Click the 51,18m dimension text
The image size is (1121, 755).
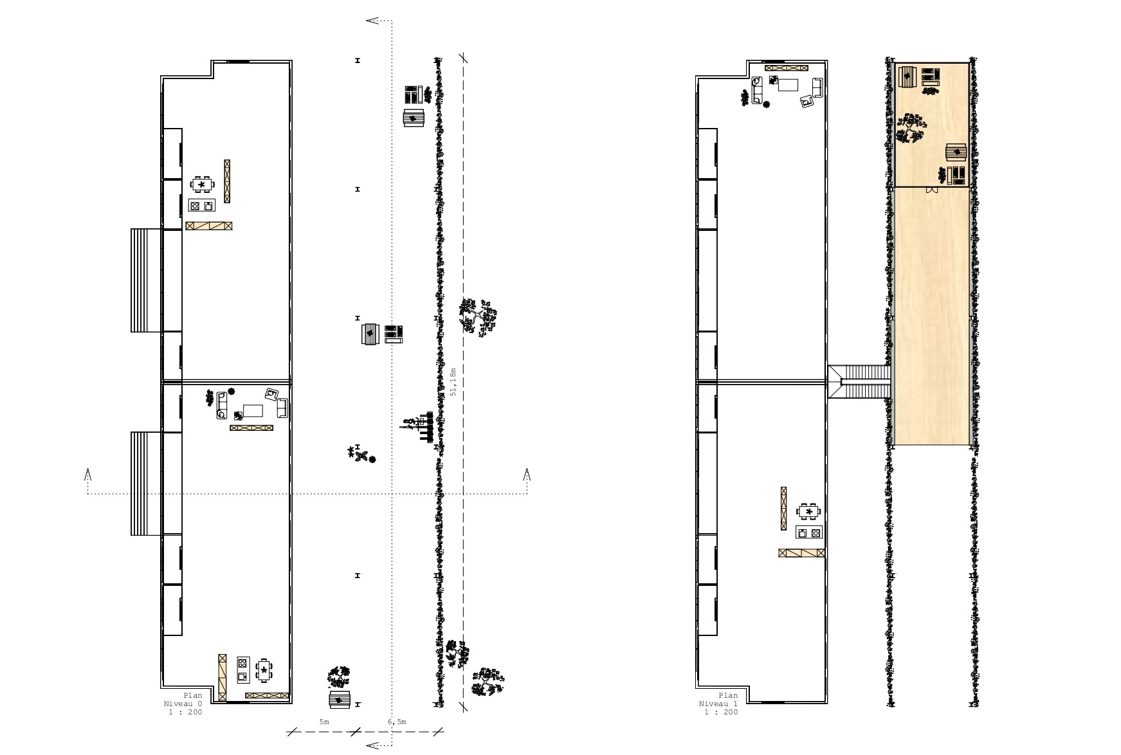[453, 381]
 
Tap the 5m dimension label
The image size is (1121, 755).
[324, 722]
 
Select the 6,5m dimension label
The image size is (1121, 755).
[397, 722]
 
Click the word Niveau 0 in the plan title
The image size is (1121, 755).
[183, 704]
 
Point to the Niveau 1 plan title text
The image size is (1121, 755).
[718, 704]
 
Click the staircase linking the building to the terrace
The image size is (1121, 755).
[859, 382]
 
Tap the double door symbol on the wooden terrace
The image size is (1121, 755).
[930, 190]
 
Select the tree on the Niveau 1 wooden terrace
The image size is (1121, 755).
[911, 129]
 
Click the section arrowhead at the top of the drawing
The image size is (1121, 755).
[372, 21]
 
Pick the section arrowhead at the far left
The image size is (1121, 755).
[87, 475]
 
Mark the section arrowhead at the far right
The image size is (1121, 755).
[527, 475]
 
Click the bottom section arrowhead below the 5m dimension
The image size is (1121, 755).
[372, 745]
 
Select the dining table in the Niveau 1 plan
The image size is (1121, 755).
[808, 512]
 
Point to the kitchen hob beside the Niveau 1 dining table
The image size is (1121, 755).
[810, 532]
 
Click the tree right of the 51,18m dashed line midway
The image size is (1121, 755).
[478, 316]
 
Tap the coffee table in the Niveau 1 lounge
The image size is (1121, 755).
[788, 85]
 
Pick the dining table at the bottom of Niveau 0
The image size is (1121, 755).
[264, 670]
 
